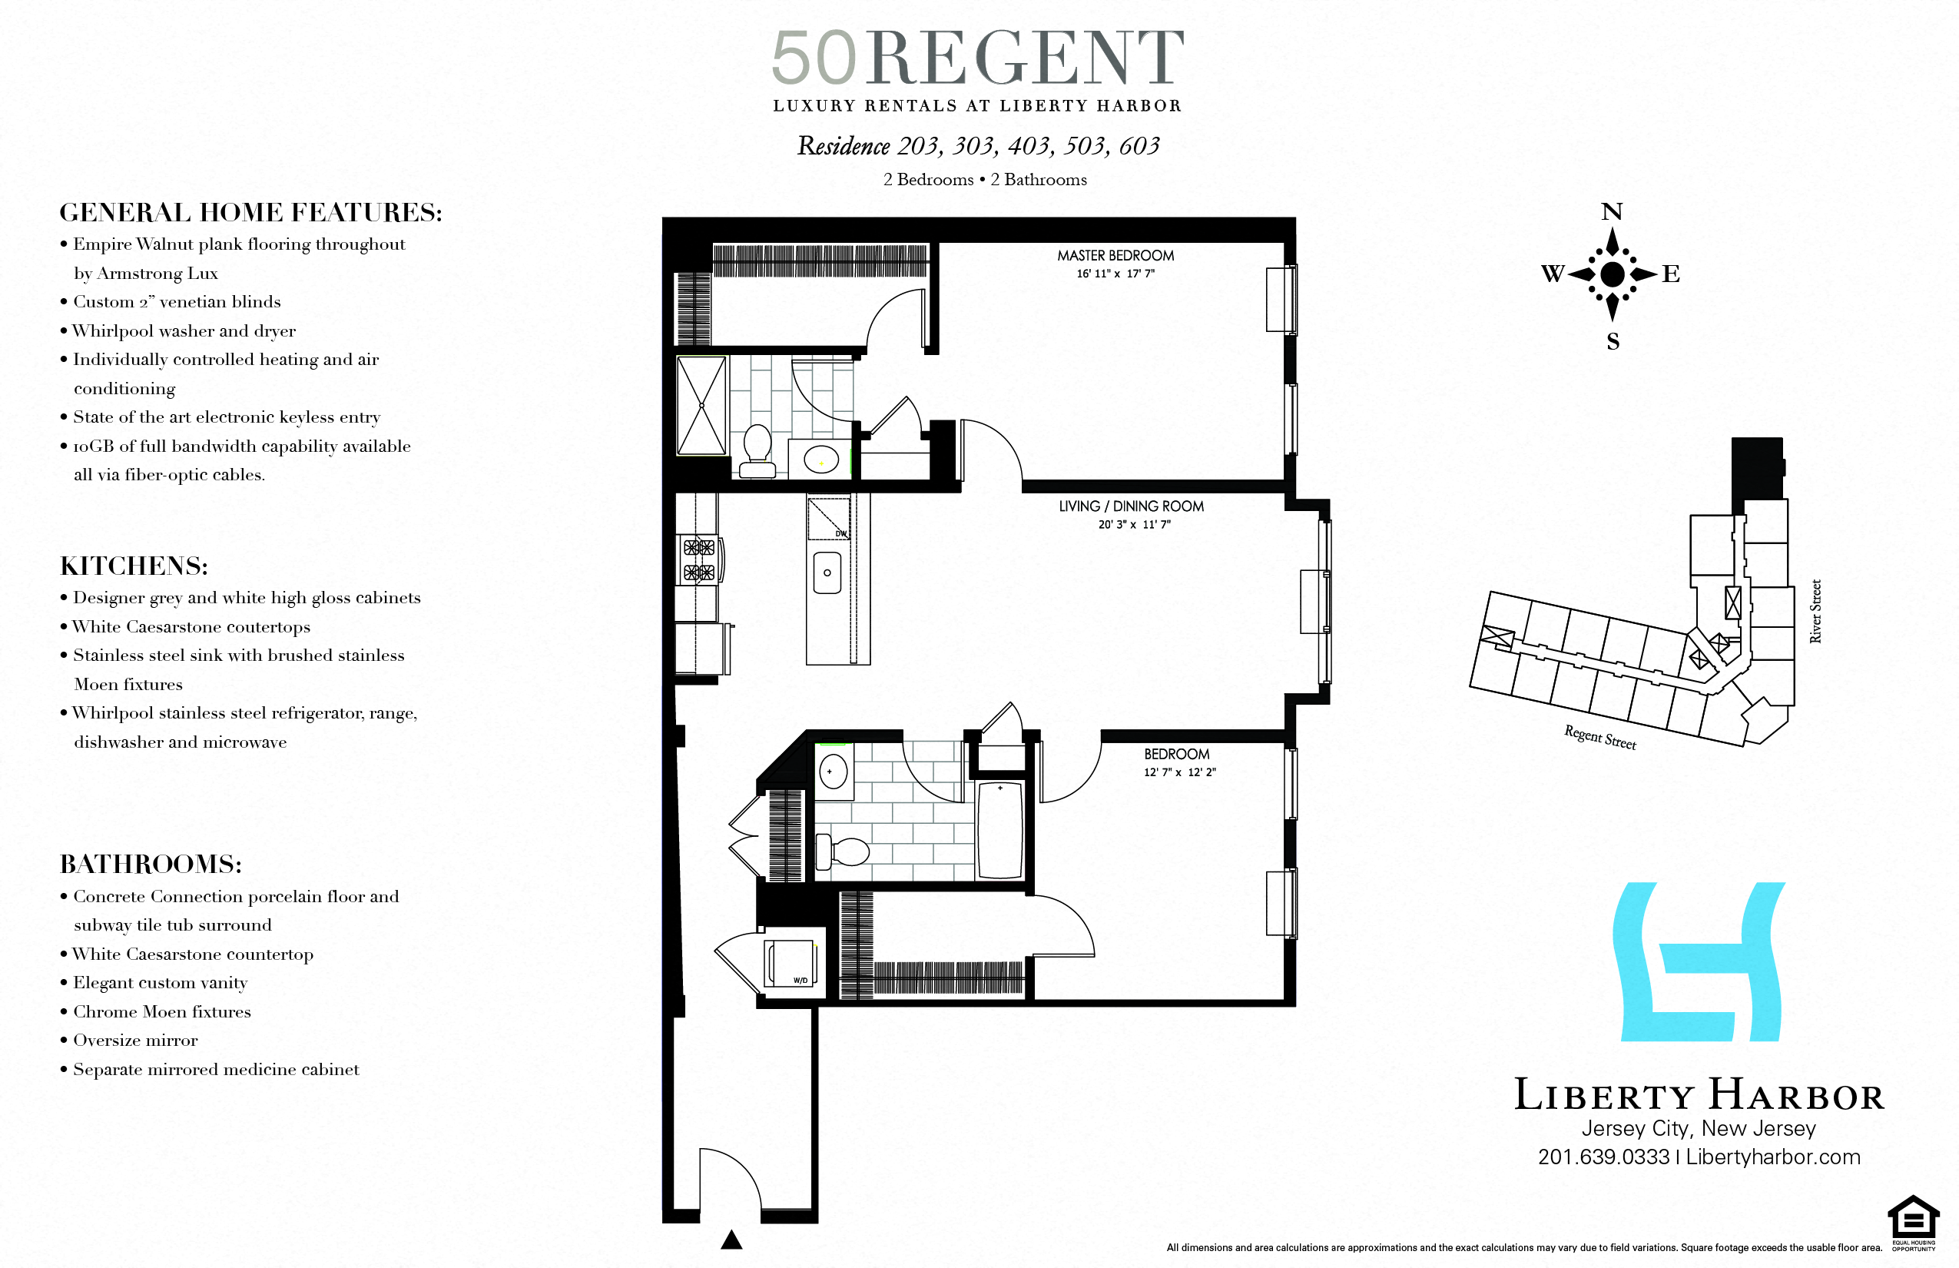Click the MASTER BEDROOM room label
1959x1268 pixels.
pos(1115,256)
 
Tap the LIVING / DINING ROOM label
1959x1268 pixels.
pos(1131,506)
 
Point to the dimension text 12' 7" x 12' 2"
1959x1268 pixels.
pos(1178,772)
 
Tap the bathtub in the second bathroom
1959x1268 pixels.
pos(999,830)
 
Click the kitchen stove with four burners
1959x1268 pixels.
pos(699,560)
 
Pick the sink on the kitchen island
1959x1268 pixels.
pos(827,573)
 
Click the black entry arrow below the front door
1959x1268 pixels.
pos(731,1240)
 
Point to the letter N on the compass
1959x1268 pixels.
pos(1612,212)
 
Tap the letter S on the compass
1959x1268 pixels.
pos(1613,342)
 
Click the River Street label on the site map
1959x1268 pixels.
pos(1815,611)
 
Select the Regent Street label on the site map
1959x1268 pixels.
pos(1599,737)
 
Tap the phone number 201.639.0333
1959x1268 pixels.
pos(1603,1157)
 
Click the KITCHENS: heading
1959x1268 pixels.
pos(134,566)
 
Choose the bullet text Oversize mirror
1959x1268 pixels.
pos(135,1040)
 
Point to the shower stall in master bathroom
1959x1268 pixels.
pos(701,405)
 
